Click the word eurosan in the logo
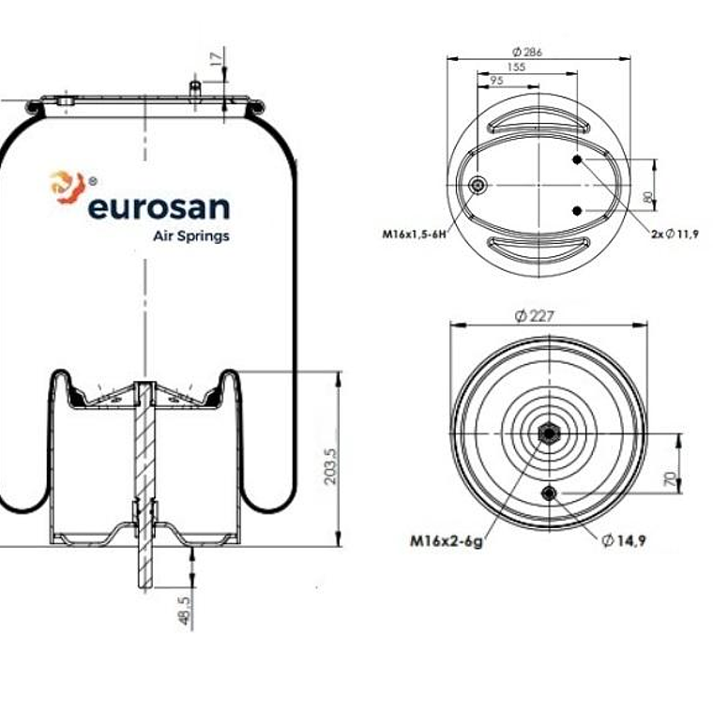point(158,206)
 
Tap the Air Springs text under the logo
point(190,236)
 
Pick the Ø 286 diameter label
point(528,53)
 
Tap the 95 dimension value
point(496,82)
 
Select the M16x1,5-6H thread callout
point(414,234)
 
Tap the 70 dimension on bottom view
point(669,479)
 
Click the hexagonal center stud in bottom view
point(549,434)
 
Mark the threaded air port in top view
point(479,186)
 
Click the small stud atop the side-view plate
point(195,88)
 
